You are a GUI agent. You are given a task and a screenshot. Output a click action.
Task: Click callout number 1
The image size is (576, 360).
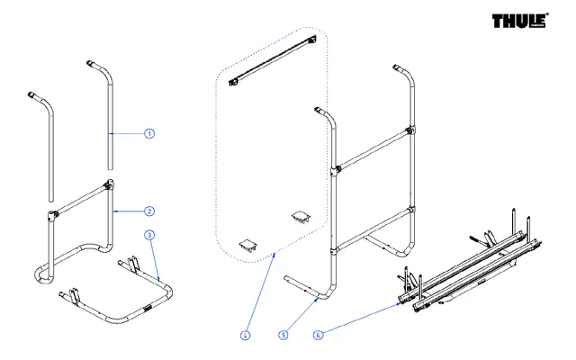(x=149, y=133)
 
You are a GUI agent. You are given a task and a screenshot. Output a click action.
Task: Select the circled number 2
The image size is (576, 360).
(x=149, y=211)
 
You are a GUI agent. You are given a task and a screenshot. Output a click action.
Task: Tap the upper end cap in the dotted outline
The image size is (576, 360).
(x=299, y=216)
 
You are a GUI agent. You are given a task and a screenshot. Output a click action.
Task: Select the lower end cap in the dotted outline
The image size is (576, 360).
(x=246, y=242)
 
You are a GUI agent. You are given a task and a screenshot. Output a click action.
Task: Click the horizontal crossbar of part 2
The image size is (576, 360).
(x=81, y=199)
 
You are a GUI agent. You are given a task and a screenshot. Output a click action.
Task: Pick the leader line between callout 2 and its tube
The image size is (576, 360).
(x=130, y=211)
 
